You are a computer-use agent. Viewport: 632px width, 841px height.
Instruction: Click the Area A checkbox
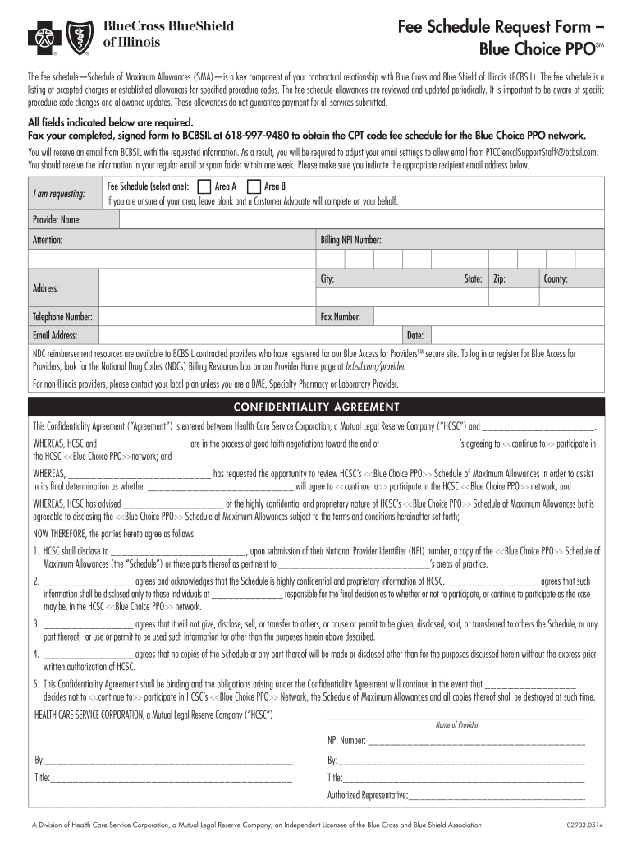click(x=204, y=186)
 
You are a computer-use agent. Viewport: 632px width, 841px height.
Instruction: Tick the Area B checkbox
click(x=254, y=186)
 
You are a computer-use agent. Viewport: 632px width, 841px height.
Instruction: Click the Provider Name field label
click(x=56, y=220)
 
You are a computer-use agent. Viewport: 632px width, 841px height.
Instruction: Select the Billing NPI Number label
click(x=350, y=241)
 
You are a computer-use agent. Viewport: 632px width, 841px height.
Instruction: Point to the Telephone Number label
click(x=62, y=317)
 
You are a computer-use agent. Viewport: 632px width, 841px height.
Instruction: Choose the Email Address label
click(x=55, y=335)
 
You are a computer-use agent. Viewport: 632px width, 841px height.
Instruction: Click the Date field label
click(x=415, y=335)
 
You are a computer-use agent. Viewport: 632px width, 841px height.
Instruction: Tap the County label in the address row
click(x=556, y=279)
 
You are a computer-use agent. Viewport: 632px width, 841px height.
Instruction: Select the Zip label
click(x=499, y=279)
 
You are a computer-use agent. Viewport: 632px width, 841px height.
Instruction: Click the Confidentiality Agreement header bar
click(x=316, y=407)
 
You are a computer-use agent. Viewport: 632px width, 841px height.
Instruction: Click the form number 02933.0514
click(x=584, y=825)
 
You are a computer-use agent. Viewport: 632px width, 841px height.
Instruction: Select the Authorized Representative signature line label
click(x=368, y=795)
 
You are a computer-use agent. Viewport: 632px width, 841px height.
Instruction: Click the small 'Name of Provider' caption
click(x=456, y=725)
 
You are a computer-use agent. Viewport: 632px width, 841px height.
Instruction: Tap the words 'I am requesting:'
click(x=59, y=195)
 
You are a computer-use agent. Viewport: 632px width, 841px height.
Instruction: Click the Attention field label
click(x=48, y=241)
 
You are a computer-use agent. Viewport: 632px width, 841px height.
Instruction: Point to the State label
click(x=473, y=279)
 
